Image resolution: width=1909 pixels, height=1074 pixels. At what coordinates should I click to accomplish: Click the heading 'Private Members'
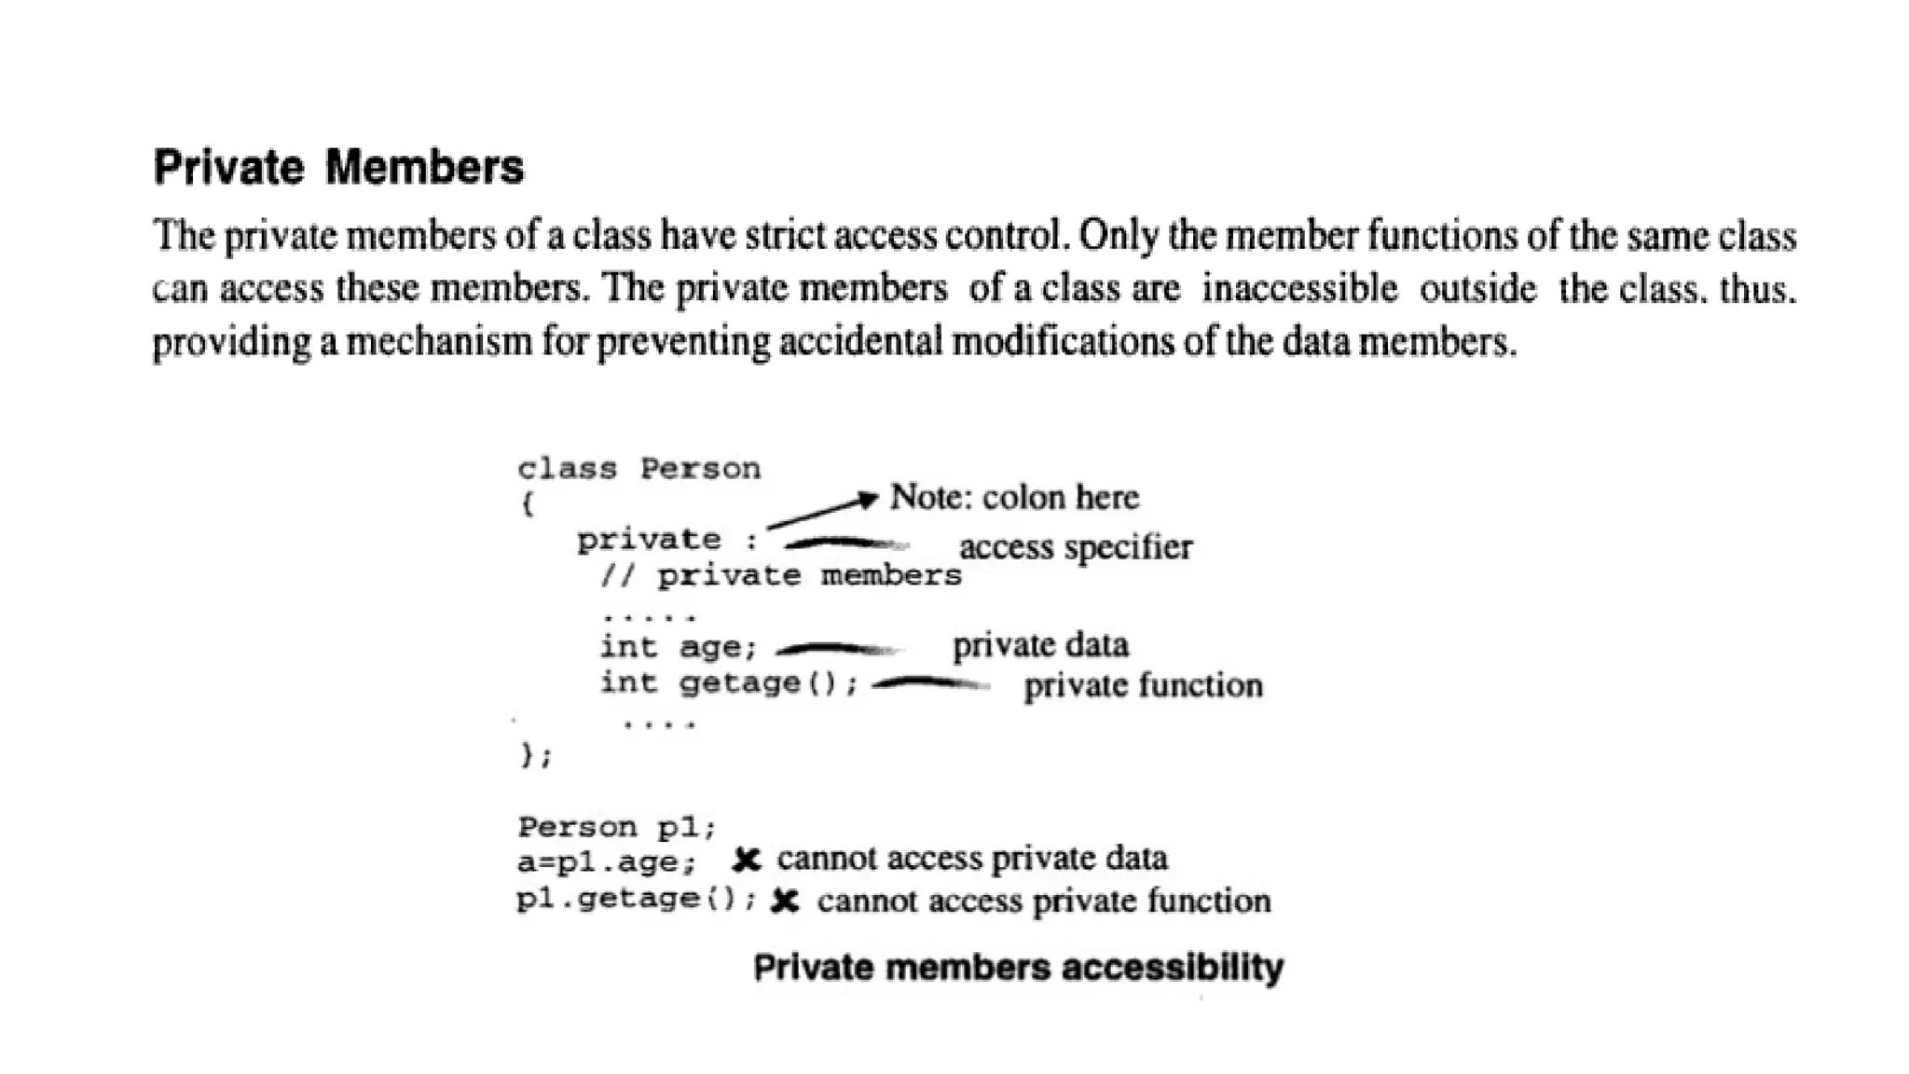click(338, 168)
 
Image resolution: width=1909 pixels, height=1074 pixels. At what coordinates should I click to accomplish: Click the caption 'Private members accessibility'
click(1018, 968)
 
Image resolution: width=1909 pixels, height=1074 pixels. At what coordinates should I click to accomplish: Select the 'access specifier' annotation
click(1075, 547)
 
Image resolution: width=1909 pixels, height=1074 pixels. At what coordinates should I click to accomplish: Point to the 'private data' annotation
click(1040, 645)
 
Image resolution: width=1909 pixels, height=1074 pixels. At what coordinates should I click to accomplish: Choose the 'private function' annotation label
click(1143, 686)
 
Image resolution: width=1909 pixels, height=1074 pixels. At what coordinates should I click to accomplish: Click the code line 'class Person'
click(639, 468)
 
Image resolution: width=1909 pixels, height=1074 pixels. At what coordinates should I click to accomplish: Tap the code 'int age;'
click(678, 647)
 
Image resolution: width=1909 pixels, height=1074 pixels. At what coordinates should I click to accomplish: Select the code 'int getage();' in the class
click(728, 684)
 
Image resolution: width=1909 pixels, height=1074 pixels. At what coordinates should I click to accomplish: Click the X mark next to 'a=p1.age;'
click(746, 860)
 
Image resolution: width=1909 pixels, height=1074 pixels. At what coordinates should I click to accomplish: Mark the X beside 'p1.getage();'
click(785, 902)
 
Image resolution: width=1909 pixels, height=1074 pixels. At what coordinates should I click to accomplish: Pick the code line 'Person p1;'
click(616, 827)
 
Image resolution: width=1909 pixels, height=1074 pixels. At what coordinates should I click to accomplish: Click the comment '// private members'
click(781, 576)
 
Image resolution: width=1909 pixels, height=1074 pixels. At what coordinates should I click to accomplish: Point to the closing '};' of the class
click(536, 754)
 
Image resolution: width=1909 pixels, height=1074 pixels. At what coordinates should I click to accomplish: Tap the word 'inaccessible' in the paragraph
click(1299, 289)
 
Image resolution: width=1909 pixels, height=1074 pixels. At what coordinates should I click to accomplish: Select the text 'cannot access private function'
click(1044, 902)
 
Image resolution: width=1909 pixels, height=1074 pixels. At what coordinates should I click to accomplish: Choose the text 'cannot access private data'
click(972, 859)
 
